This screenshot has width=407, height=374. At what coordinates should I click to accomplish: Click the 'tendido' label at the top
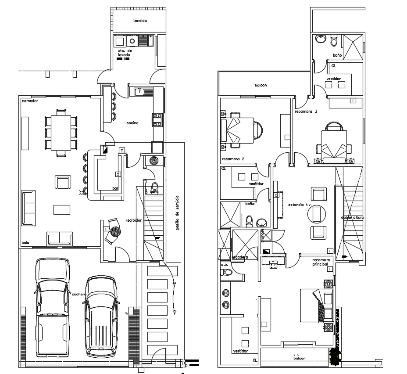tap(140, 21)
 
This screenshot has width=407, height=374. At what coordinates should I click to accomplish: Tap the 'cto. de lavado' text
tap(124, 53)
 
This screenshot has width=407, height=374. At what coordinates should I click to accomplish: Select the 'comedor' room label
tap(30, 101)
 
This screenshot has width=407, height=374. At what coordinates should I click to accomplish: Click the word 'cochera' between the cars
tap(79, 294)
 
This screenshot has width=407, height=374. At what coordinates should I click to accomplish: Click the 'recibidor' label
tap(133, 220)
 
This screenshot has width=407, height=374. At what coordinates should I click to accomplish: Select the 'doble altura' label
tap(352, 217)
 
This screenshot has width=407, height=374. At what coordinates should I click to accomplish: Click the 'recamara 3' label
tap(306, 111)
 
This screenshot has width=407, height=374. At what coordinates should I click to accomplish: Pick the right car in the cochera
tap(101, 315)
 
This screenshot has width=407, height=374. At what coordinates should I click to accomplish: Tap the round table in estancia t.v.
tap(316, 214)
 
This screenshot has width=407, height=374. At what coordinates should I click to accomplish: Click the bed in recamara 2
tap(237, 130)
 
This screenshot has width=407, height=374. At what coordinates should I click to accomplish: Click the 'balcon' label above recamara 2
tap(261, 85)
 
